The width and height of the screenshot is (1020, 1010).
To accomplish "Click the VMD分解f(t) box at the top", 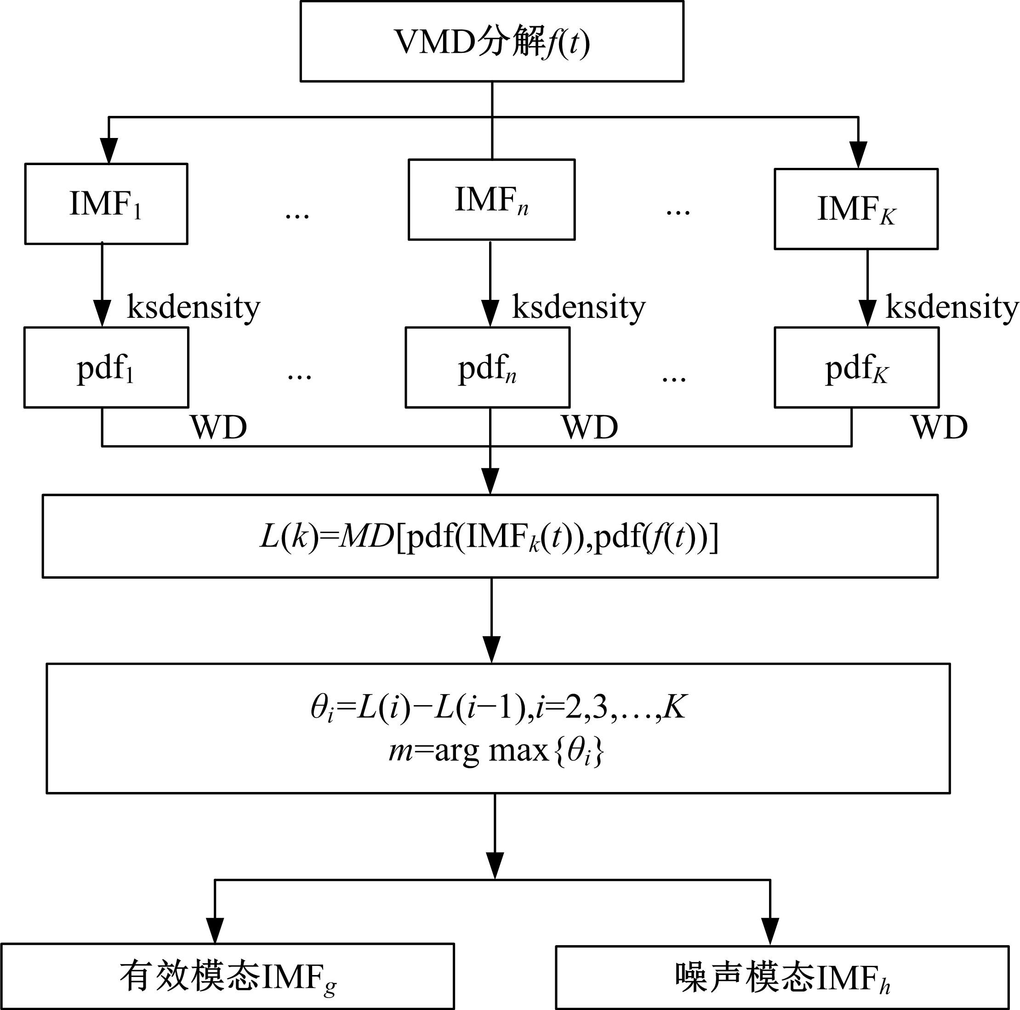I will point(491,42).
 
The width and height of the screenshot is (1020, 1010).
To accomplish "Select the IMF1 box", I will point(106,204).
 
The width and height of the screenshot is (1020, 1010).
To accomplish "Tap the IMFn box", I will point(491,200).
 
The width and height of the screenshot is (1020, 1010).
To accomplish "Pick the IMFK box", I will point(856,209).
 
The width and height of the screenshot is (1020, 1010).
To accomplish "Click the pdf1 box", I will point(106,367).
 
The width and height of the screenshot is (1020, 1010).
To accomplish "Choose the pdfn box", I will point(487,367).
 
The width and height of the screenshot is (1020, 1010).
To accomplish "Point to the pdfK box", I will point(856,367).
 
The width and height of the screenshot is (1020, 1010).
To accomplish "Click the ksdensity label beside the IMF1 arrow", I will point(193,307).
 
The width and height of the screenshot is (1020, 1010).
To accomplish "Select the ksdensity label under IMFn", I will point(579,307).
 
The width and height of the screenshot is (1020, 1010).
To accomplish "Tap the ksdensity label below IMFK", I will point(952,307).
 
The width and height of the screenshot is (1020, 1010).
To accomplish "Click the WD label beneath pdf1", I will point(219,427).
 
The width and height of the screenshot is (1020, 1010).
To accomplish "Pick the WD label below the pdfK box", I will point(939,427).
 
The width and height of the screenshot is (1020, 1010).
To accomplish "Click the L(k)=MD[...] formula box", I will point(490,536).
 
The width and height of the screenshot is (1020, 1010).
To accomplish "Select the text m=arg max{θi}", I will point(496,751).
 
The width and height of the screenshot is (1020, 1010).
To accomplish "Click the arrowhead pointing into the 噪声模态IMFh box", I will point(770,931).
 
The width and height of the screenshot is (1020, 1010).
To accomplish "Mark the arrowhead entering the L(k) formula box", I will point(490,481).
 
